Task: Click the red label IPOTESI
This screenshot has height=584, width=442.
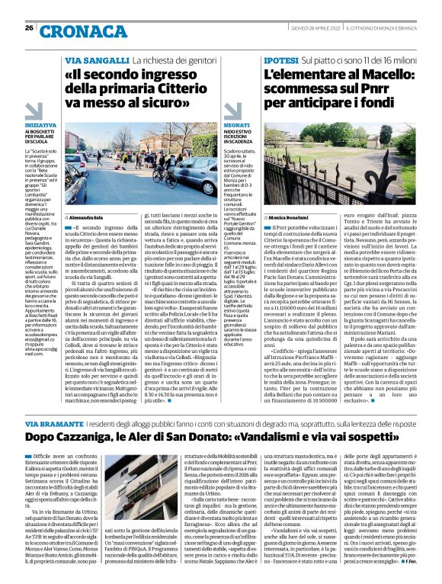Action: click(x=281, y=58)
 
